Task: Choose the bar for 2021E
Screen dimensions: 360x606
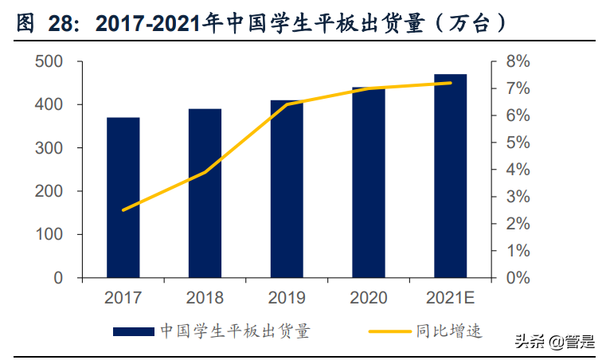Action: point(450,176)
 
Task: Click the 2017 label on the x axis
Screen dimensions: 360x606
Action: point(123,299)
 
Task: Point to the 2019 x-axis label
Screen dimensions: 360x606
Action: point(287,299)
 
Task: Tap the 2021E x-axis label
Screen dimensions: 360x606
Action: point(450,299)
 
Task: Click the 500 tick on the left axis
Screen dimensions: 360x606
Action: point(50,62)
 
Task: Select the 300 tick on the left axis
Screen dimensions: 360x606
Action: point(50,148)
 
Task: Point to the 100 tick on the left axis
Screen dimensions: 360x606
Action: point(50,235)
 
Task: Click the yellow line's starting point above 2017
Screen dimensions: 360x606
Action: point(123,210)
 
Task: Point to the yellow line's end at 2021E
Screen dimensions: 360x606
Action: point(450,83)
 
